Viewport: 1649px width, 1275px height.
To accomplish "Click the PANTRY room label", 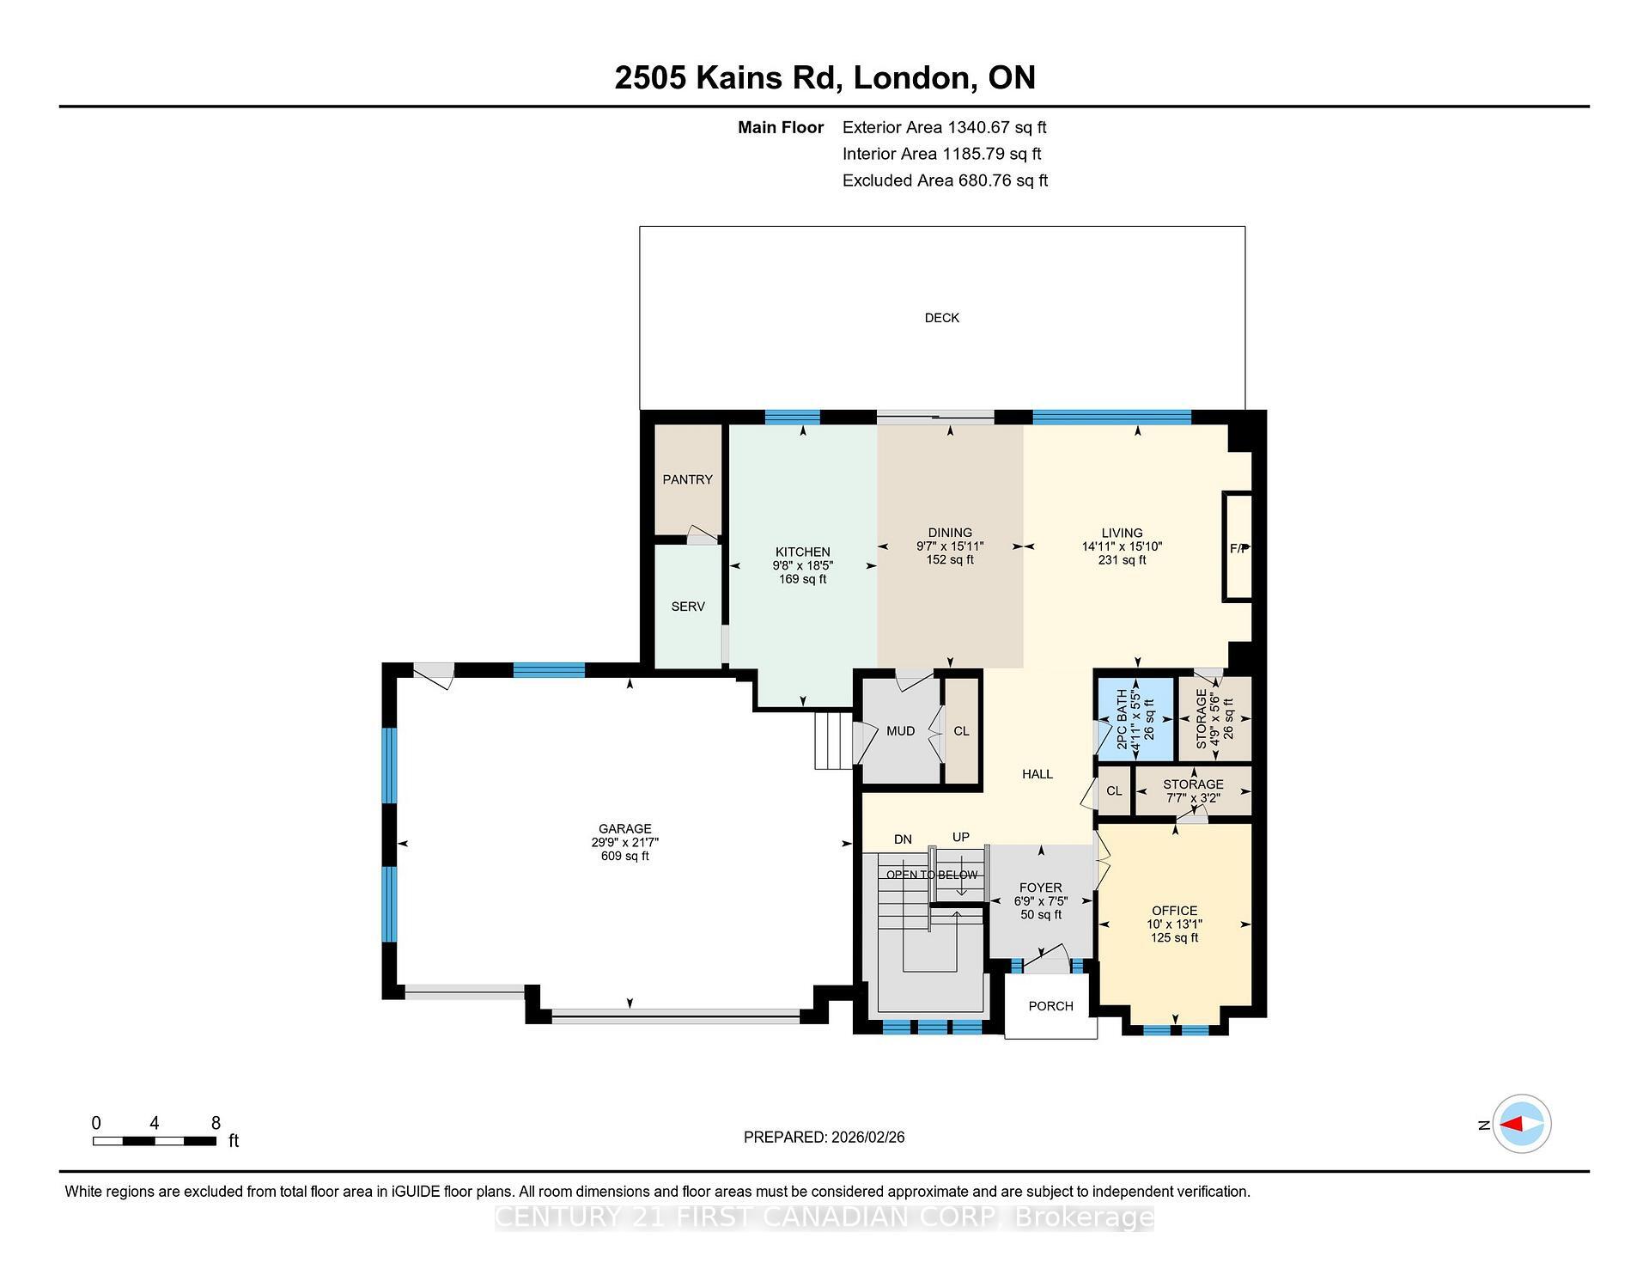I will click(687, 479).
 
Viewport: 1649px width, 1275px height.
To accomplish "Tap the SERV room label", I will click(688, 607).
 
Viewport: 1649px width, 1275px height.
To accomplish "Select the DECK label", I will click(941, 318).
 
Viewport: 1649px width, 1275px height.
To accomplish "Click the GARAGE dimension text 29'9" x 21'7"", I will click(624, 843).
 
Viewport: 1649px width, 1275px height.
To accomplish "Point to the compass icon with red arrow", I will click(1521, 1124).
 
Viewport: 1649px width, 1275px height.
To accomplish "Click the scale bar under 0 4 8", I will click(155, 1141).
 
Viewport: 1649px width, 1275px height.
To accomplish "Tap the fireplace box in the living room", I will click(1238, 547).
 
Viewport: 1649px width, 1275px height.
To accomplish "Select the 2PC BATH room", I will click(1135, 719).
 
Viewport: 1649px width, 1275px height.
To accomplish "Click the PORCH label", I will click(1050, 1006).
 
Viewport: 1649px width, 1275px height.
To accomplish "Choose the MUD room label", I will click(900, 731).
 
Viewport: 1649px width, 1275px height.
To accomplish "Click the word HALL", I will click(1037, 774).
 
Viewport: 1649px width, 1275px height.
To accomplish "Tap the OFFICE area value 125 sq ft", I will click(1174, 938).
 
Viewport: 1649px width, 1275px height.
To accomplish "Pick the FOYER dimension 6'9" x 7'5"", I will click(1040, 901).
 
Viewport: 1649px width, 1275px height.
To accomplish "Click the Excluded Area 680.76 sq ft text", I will click(945, 180).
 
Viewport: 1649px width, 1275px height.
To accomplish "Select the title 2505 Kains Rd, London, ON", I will click(824, 78).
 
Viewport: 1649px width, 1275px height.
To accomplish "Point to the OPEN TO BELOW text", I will click(932, 875).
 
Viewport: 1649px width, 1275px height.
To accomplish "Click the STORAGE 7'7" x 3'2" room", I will click(1193, 791).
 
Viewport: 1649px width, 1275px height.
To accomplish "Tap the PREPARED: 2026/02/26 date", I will click(824, 1138).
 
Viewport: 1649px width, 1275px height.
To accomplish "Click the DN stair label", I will click(903, 839).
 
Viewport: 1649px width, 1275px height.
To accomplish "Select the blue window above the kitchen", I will click(792, 418).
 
